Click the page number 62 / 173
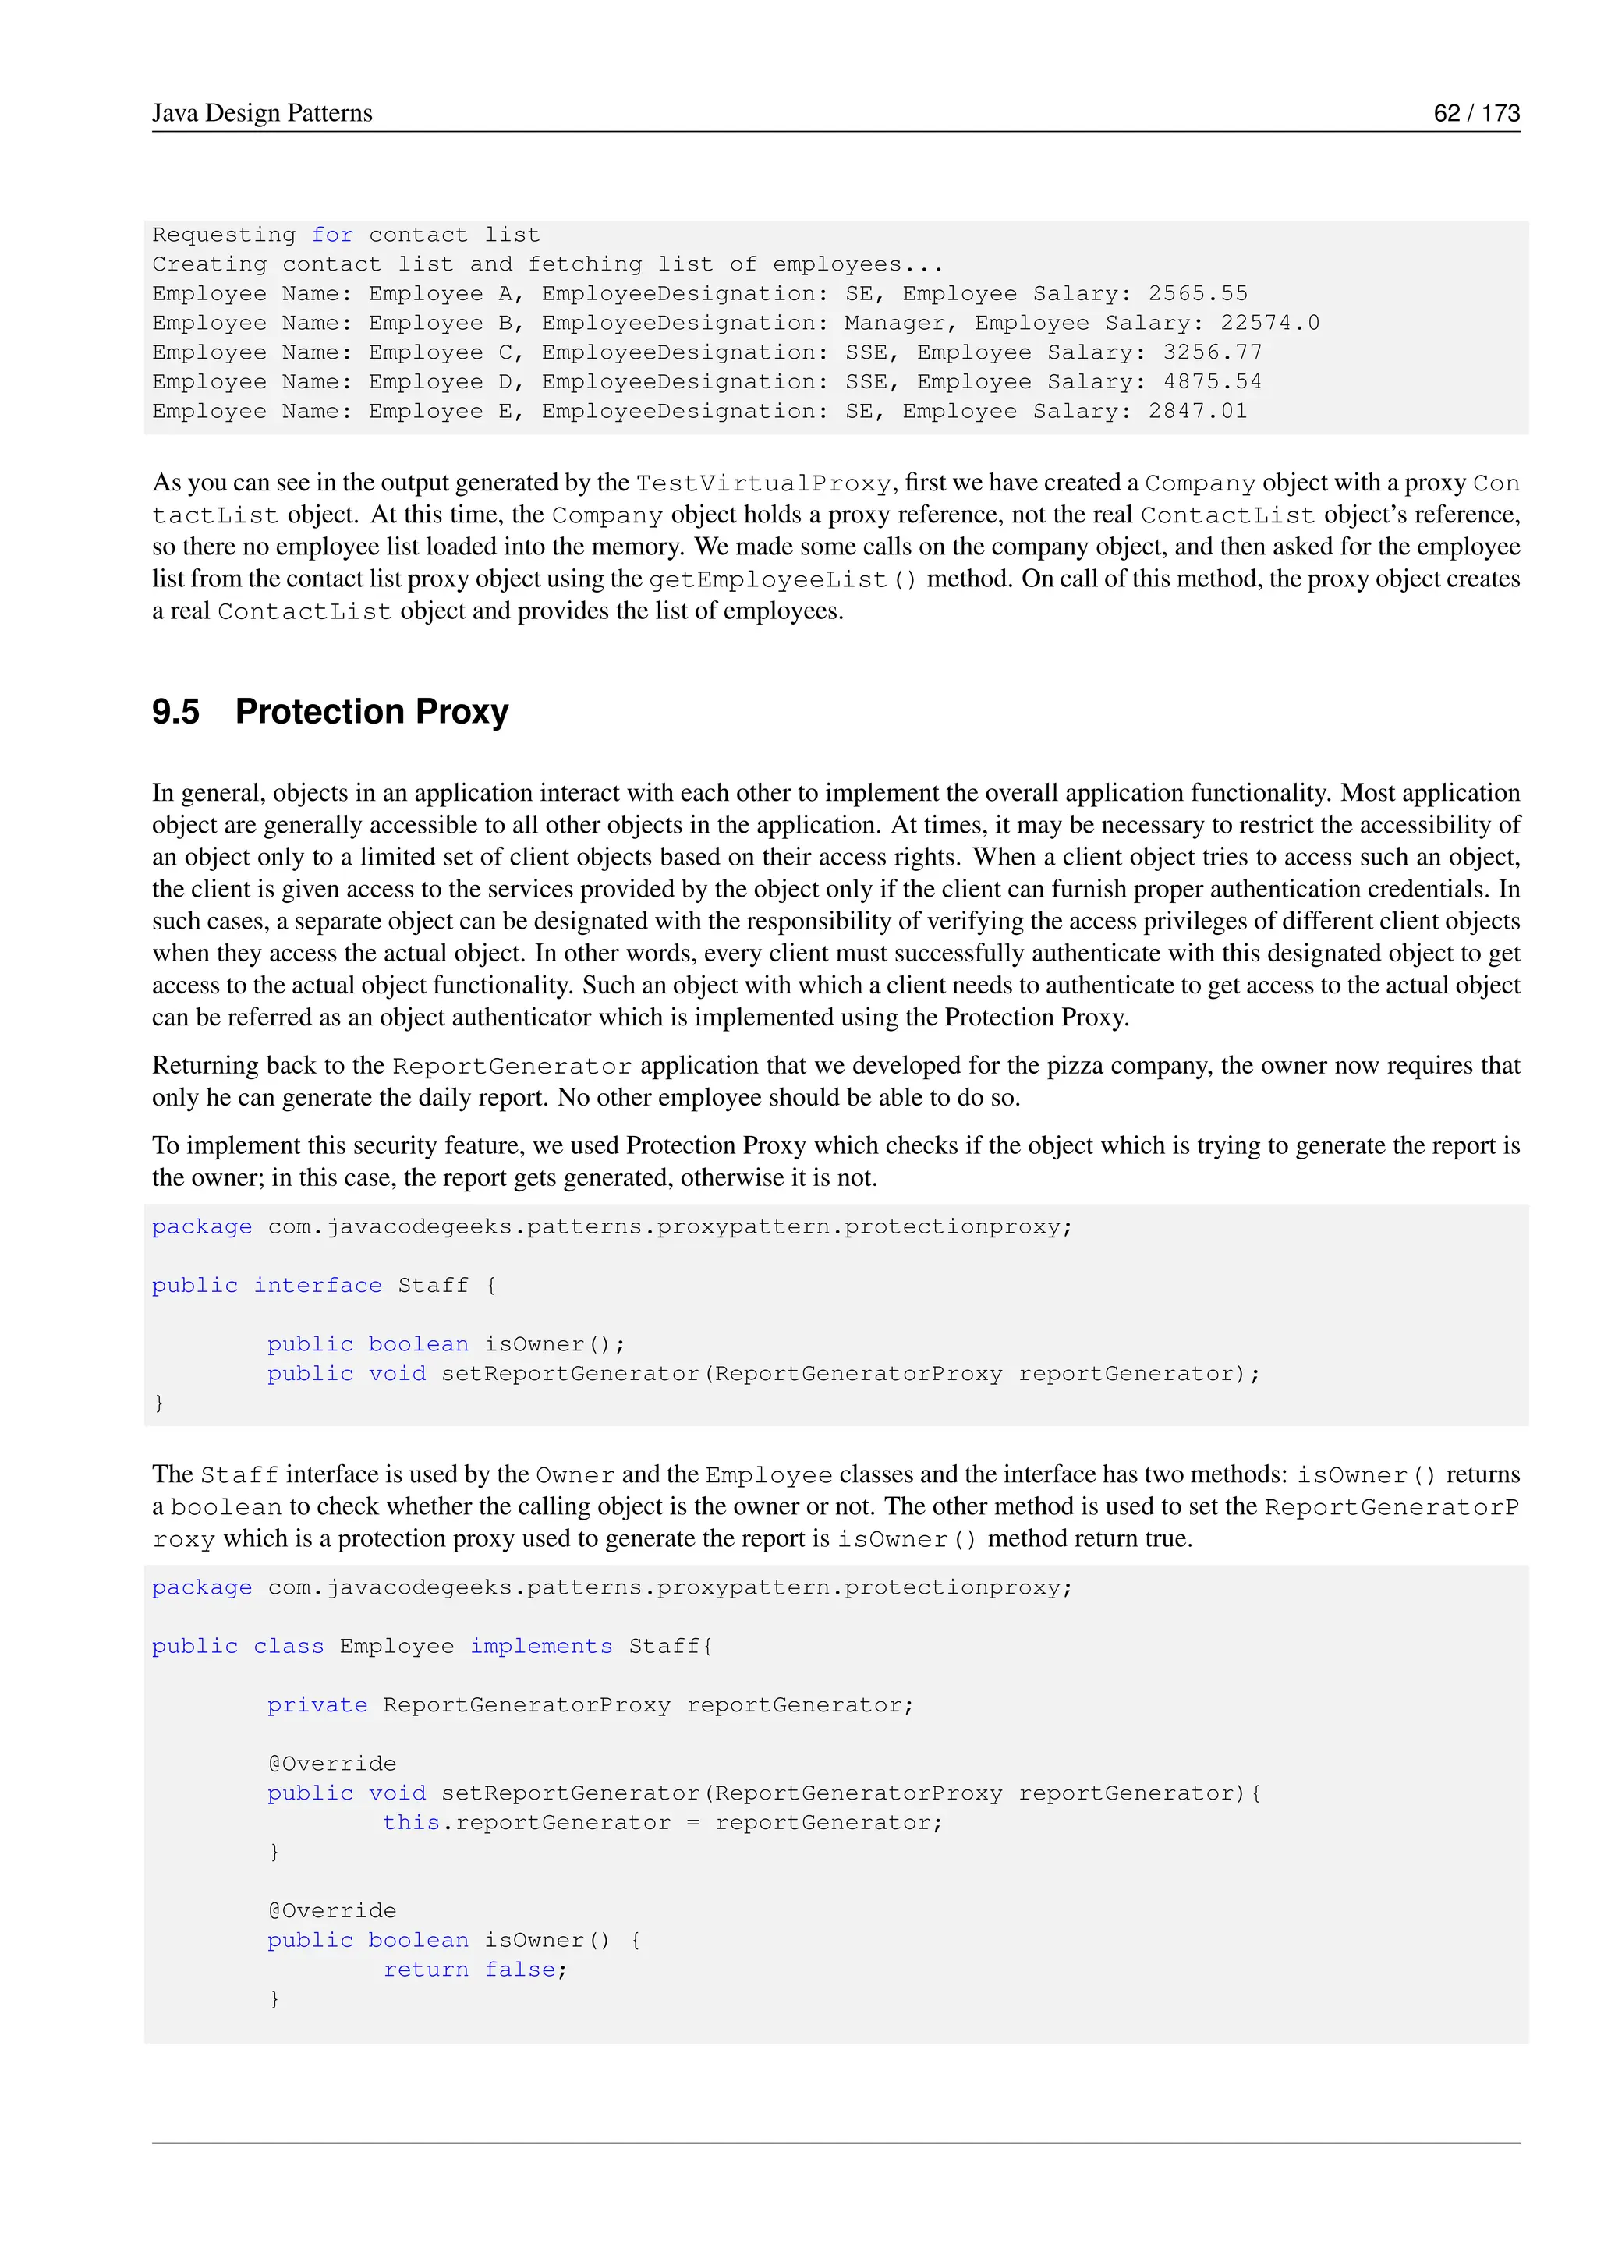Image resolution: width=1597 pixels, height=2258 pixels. [x=1475, y=113]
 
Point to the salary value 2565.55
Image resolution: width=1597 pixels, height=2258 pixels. [x=1197, y=293]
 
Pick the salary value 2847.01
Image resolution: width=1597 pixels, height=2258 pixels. [x=1197, y=411]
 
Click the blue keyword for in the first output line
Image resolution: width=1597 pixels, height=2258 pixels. [x=331, y=235]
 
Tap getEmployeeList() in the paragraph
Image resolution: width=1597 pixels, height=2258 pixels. [x=783, y=580]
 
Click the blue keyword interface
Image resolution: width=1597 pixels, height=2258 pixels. [x=317, y=1286]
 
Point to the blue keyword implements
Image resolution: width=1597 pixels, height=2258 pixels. [x=541, y=1646]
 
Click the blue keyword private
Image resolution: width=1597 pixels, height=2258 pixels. [x=317, y=1705]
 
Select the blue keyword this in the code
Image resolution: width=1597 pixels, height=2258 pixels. [x=411, y=1822]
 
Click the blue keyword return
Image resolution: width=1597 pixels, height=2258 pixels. [x=425, y=1970]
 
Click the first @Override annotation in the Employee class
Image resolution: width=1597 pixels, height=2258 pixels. [x=331, y=1764]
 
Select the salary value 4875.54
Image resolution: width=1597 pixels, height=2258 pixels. [x=1212, y=381]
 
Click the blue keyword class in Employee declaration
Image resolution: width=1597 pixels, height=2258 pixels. [x=288, y=1646]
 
